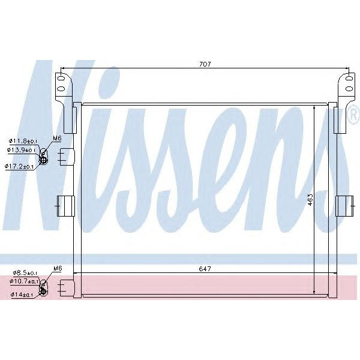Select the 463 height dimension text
click(x=310, y=199)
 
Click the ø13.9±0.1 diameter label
click(x=22, y=150)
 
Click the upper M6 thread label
click(x=57, y=139)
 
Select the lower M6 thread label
click(x=58, y=268)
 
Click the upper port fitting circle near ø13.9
click(x=44, y=158)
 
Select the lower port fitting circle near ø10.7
click(x=43, y=288)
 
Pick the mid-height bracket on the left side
click(x=64, y=205)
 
